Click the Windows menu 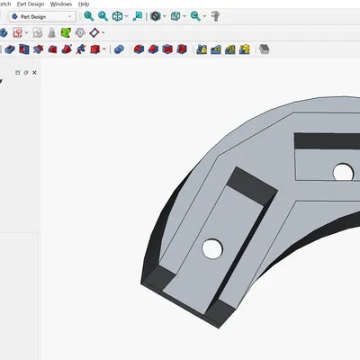tap(61, 4)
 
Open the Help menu tap(84, 4)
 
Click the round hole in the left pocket tap(213, 246)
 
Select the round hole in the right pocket tap(342, 170)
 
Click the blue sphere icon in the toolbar tap(119, 49)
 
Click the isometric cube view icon tap(118, 16)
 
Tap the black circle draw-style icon tap(156, 16)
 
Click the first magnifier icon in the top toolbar tap(88, 16)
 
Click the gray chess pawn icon tap(53, 32)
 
